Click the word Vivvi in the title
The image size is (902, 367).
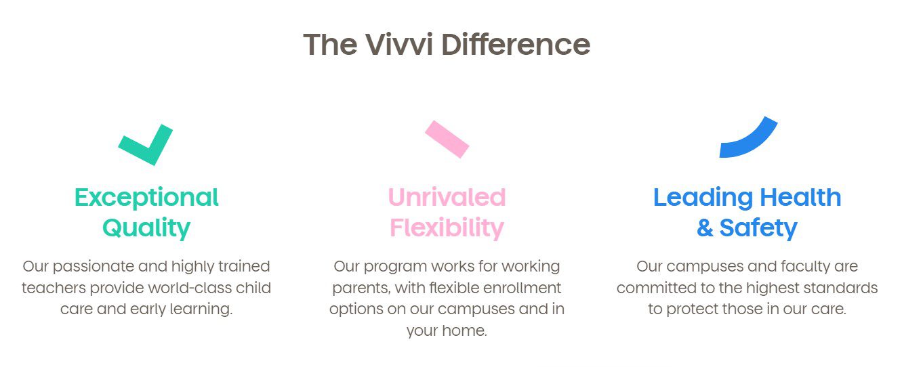click(x=399, y=44)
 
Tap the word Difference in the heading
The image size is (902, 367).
click(x=516, y=44)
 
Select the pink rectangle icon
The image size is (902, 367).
click(x=447, y=139)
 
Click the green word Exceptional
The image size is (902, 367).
click(x=146, y=198)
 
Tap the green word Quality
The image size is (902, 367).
click(x=146, y=228)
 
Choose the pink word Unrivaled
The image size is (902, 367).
click(x=447, y=197)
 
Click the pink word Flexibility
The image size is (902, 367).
click(x=447, y=228)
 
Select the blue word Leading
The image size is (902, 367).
click(x=703, y=198)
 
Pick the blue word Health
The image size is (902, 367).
click(x=800, y=197)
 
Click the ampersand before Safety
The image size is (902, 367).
click(x=705, y=228)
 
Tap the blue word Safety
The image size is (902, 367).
click(x=758, y=228)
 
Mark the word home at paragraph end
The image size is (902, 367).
click(x=464, y=331)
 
